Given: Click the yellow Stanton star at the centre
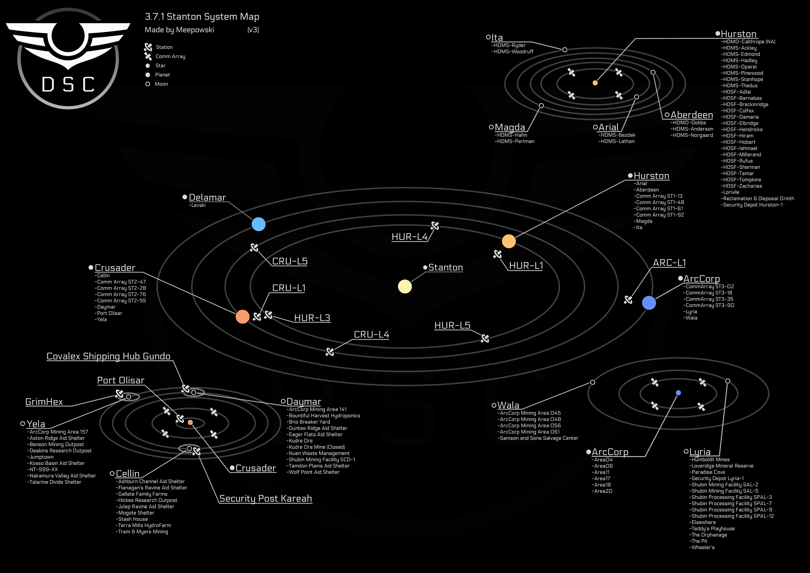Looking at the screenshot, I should coord(405,286).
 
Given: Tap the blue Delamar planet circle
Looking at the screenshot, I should coord(259,224).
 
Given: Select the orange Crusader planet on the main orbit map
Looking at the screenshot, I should coord(242,317).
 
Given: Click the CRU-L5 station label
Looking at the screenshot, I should coord(290,261).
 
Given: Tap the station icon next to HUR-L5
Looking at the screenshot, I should coord(485,339).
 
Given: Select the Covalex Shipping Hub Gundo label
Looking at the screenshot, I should coord(108,356).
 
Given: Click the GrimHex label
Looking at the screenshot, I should coord(44,402).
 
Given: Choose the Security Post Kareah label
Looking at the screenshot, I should coord(265,498).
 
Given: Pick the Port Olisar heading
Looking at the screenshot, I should coord(121,380).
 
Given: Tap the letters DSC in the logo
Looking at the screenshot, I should coord(68,85).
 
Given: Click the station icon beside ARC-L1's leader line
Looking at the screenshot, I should coord(628,300).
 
